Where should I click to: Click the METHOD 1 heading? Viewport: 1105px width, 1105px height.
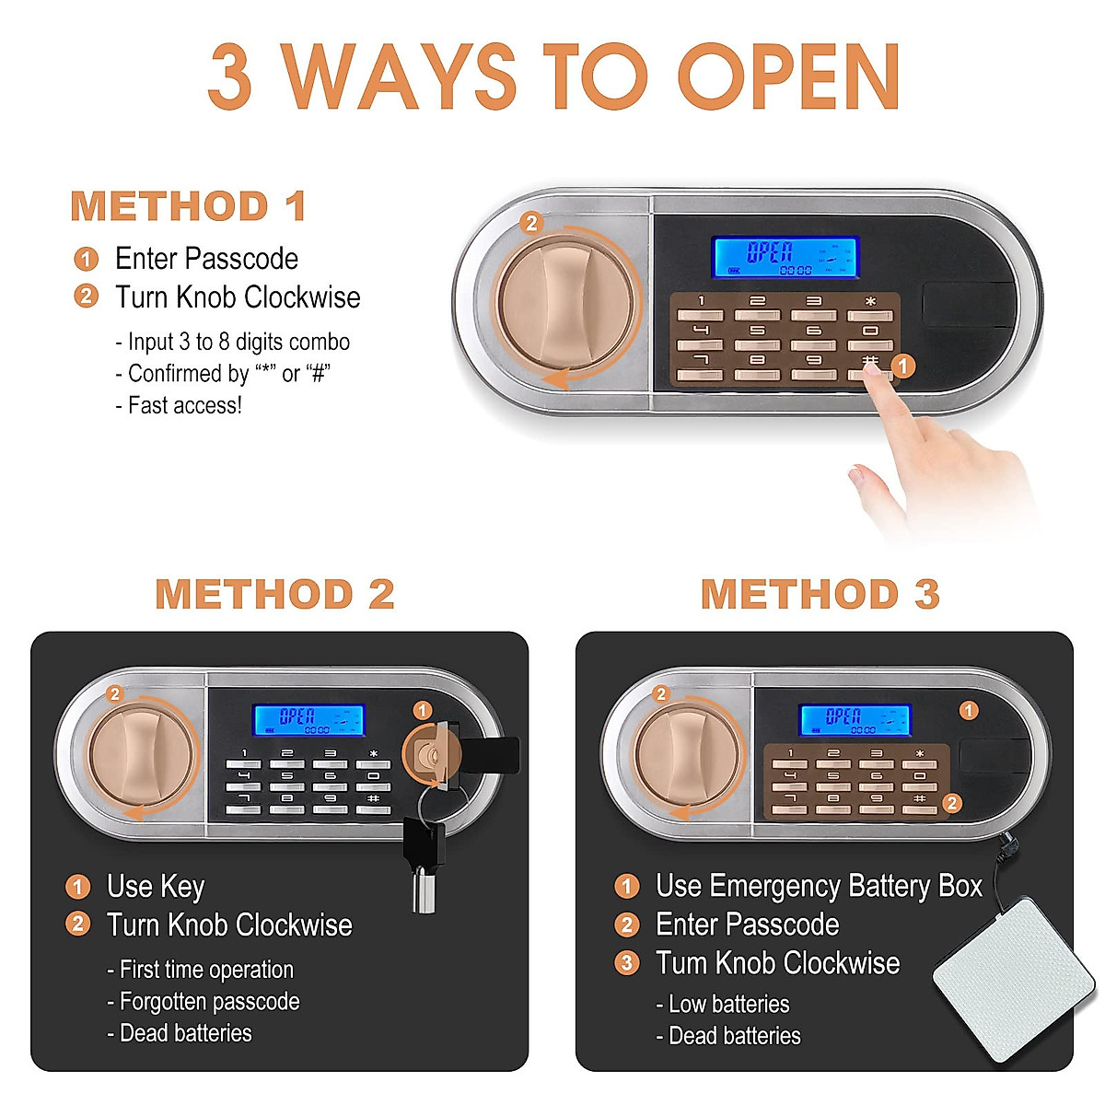[188, 206]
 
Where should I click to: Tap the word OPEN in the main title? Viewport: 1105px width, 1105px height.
[788, 77]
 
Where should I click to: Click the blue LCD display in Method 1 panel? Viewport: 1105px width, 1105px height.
[785, 258]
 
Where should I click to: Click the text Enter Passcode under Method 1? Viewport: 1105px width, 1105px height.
[206, 259]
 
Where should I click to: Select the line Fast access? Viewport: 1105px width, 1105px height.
[184, 405]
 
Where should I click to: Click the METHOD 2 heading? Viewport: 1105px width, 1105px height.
[274, 595]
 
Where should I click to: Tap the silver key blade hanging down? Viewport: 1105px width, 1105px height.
[423, 889]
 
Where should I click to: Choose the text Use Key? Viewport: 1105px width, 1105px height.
[156, 887]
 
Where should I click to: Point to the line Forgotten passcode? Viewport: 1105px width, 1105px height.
[209, 1002]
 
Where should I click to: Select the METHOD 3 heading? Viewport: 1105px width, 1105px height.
[820, 595]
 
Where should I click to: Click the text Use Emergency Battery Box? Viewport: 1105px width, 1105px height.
[819, 887]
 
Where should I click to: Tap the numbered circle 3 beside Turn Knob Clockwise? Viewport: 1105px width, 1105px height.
[626, 963]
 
